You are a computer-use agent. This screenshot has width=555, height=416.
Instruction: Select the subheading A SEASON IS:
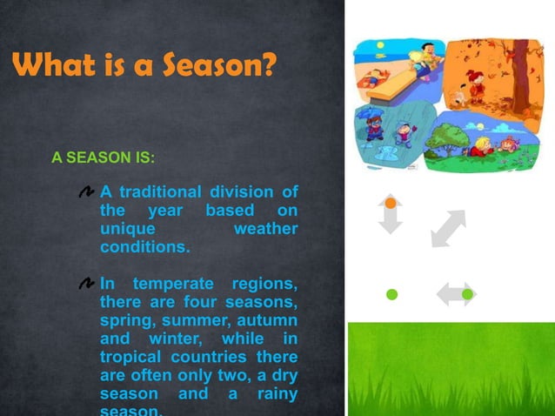(103, 158)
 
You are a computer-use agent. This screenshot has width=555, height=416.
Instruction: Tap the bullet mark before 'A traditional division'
(85, 191)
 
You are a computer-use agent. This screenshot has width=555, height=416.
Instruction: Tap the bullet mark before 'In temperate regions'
(85, 284)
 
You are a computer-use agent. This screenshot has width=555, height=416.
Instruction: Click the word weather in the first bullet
(265, 228)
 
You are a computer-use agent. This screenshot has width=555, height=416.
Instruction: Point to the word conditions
(144, 246)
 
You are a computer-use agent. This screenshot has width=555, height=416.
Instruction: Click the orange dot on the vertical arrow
(391, 203)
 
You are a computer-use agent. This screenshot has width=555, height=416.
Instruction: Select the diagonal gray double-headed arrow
(448, 228)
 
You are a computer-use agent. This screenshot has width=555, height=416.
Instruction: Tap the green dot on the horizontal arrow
(468, 294)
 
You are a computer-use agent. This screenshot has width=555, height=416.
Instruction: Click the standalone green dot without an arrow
(391, 294)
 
